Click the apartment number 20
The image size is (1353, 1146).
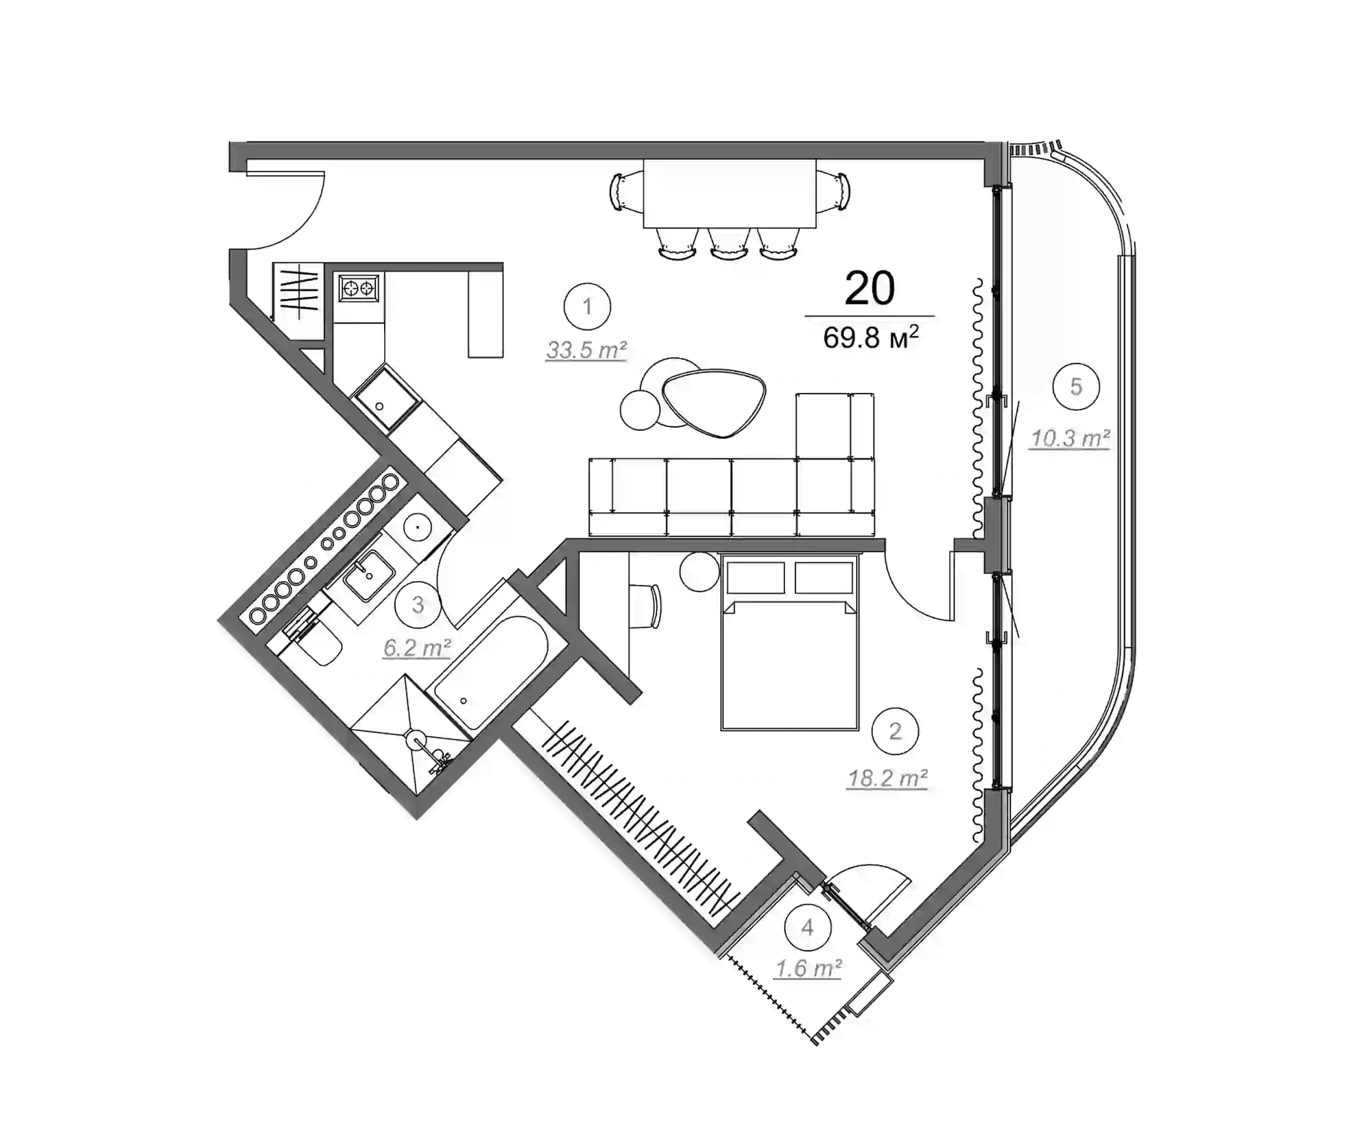[869, 289]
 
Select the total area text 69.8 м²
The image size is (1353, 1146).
[870, 338]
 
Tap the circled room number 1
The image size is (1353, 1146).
[586, 306]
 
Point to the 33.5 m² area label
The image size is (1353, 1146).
[586, 350]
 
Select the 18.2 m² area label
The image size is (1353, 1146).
[887, 778]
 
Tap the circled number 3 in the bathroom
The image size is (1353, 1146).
[418, 605]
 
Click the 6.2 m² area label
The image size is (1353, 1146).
[416, 648]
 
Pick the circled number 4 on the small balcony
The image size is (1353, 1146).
[807, 927]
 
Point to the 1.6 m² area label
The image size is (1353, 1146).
[809, 969]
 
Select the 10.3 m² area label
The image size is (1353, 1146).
[1070, 439]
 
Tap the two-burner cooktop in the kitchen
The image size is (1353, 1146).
[358, 287]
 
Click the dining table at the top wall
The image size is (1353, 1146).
[729, 193]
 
